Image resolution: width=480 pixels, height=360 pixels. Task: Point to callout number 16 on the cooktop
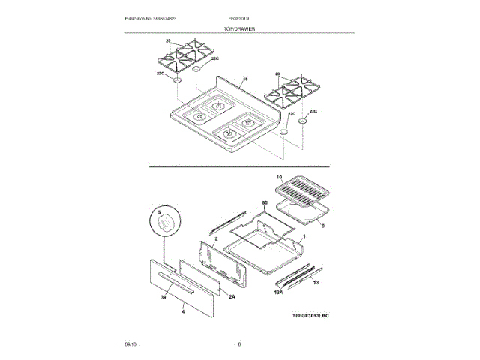(245, 79)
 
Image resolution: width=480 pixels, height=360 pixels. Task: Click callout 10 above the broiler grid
(279, 178)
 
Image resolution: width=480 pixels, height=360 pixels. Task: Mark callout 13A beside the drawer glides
(277, 291)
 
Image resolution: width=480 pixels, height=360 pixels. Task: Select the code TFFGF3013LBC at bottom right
(310, 316)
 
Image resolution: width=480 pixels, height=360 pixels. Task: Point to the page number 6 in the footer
(239, 343)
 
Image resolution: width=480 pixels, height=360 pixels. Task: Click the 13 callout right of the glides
(316, 282)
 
